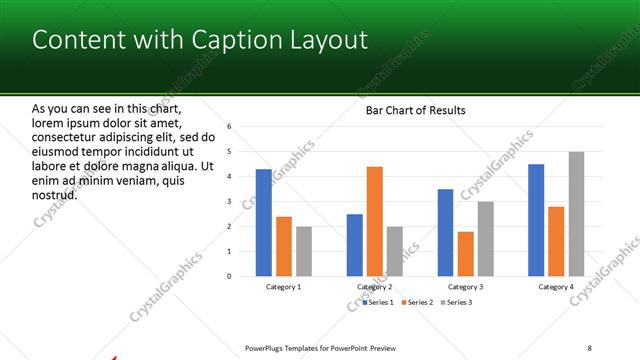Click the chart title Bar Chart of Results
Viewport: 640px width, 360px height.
[415, 110]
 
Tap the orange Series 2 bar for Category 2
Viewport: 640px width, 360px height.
[375, 221]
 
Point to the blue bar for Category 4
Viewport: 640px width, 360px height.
[536, 220]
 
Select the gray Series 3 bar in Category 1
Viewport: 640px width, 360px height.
[304, 251]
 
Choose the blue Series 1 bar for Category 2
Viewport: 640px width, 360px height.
[355, 245]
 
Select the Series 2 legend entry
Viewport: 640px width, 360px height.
[418, 301]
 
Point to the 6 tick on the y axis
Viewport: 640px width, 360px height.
[229, 127]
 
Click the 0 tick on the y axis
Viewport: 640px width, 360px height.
[229, 276]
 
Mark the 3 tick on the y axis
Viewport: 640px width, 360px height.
[229, 202]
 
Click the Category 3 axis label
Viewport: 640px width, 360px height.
[466, 287]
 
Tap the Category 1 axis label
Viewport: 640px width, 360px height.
[284, 287]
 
